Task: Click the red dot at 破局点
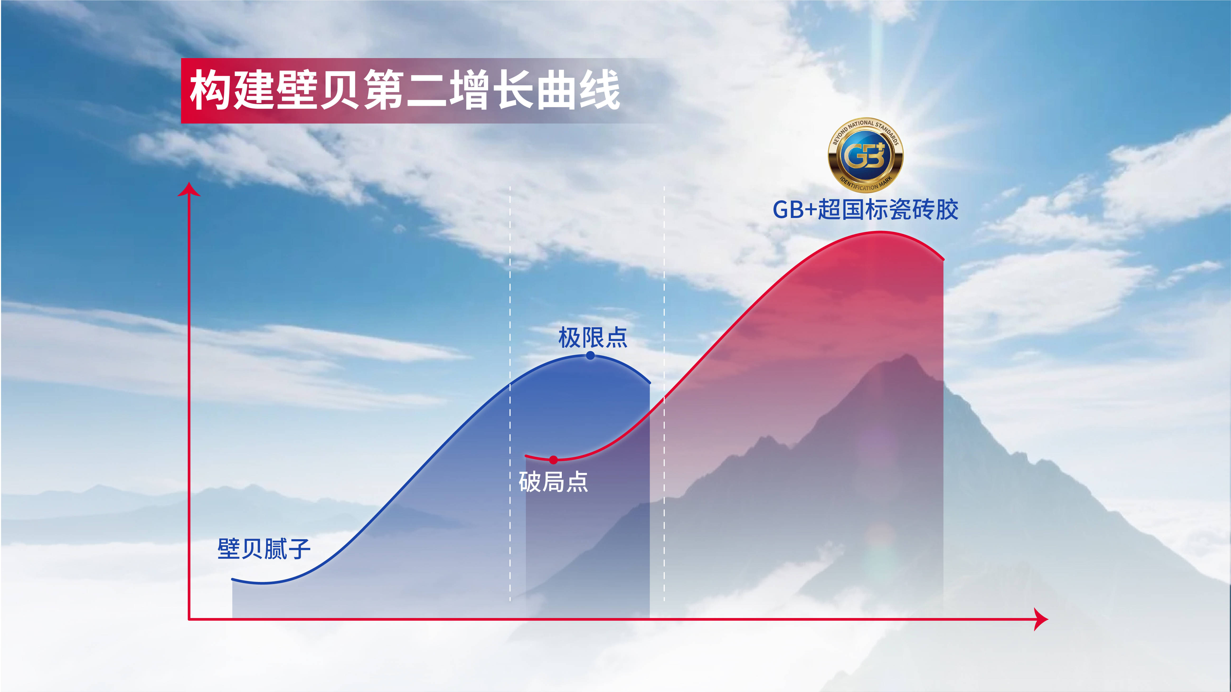(x=553, y=460)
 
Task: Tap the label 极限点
(x=593, y=337)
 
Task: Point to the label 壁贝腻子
(x=264, y=549)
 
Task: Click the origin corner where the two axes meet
(x=189, y=619)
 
